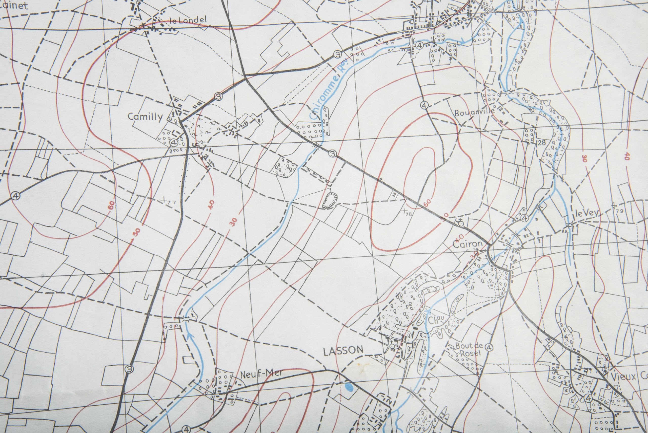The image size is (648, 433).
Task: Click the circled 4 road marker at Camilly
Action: tap(174, 142)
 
